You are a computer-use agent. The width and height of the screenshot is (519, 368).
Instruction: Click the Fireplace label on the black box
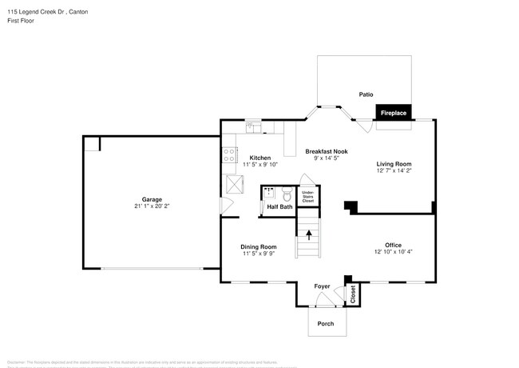393,114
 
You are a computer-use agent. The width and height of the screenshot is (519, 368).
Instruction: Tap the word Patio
366,94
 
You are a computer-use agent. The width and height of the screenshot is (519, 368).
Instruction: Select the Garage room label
152,199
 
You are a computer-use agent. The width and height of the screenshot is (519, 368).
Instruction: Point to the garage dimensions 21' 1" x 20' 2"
152,206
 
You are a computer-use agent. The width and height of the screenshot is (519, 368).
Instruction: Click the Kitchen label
259,158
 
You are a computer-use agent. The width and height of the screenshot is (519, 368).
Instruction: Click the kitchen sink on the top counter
250,126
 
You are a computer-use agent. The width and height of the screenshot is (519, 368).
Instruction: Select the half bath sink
269,193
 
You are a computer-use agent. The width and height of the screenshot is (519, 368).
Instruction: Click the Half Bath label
279,207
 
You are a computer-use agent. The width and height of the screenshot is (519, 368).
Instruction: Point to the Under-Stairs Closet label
307,196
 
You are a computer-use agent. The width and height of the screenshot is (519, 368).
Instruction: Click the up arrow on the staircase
308,234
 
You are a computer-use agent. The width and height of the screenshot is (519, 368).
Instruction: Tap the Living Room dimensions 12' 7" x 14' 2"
394,170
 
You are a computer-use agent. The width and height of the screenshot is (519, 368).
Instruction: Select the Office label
393,245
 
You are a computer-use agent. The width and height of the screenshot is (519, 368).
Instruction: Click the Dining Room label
259,246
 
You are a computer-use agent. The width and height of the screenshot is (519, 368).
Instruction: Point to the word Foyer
322,286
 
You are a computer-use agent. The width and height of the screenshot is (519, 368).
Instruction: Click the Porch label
326,323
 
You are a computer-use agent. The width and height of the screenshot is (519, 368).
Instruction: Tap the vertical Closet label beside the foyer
352,294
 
